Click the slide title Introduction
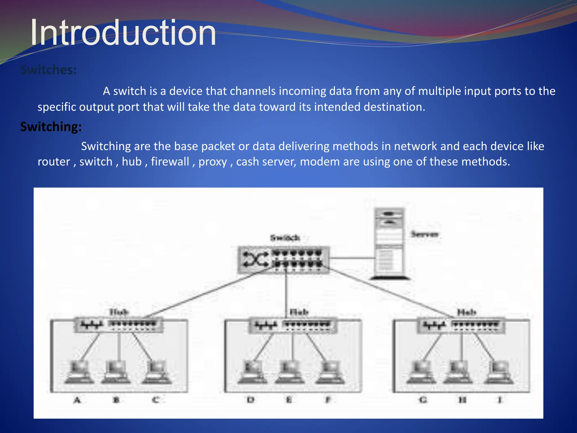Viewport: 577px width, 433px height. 123,33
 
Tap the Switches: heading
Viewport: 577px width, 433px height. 48,70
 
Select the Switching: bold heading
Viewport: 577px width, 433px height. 51,127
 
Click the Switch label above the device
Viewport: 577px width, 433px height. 285,238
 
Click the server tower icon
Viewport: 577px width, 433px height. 389,243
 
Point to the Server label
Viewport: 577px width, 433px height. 425,234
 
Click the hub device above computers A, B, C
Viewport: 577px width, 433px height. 119,325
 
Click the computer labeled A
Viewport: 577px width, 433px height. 79,372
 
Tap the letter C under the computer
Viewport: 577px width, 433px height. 156,400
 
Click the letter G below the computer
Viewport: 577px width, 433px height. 423,400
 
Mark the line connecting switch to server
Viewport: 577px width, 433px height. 352,258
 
